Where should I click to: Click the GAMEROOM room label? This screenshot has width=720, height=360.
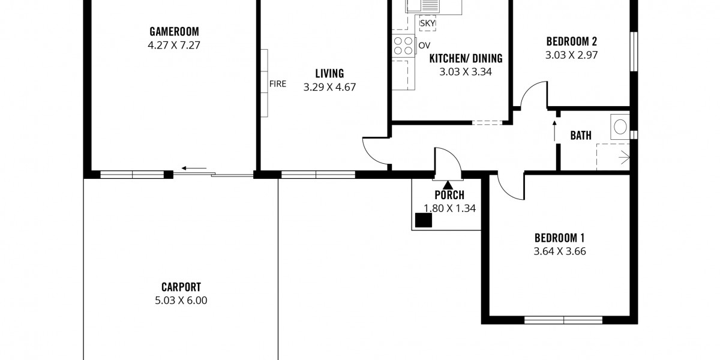(174, 31)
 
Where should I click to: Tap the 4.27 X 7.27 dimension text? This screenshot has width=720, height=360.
(174, 45)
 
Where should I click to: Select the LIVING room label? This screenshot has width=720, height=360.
(329, 74)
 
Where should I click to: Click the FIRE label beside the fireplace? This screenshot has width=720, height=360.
(278, 84)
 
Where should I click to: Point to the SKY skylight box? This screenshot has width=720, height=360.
(427, 23)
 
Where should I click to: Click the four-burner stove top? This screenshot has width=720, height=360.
(403, 46)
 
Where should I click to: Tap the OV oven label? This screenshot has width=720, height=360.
(424, 46)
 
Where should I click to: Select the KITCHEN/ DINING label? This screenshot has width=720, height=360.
(466, 59)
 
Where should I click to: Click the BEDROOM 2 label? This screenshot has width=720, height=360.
(571, 41)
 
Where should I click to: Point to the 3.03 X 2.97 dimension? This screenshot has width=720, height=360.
(571, 55)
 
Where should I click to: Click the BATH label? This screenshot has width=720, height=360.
(581, 136)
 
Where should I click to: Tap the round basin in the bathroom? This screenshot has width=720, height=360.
(620, 127)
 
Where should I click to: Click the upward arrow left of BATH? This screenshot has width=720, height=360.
(554, 131)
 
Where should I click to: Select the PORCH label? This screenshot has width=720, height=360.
(449, 195)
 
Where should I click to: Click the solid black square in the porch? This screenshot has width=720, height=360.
(424, 220)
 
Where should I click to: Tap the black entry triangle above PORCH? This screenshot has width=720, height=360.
(448, 185)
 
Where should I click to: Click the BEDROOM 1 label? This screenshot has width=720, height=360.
(560, 238)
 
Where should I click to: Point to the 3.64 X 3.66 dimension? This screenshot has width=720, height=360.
(560, 251)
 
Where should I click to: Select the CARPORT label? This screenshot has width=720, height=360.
(181, 287)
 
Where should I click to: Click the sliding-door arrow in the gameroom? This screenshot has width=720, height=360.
(194, 168)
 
